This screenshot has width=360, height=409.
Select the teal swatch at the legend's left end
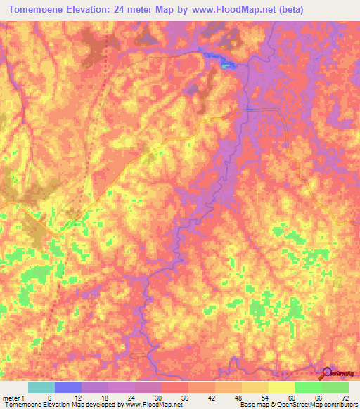tap(41, 387)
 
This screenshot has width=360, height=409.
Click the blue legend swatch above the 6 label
tap(68, 387)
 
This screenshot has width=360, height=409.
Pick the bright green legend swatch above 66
tap(308, 387)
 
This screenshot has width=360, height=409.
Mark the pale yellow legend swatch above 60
tap(281, 387)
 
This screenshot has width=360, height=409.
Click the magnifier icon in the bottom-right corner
tap(327, 373)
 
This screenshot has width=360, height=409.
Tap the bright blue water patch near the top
tap(227, 63)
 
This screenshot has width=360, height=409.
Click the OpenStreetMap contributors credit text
tap(316, 405)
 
